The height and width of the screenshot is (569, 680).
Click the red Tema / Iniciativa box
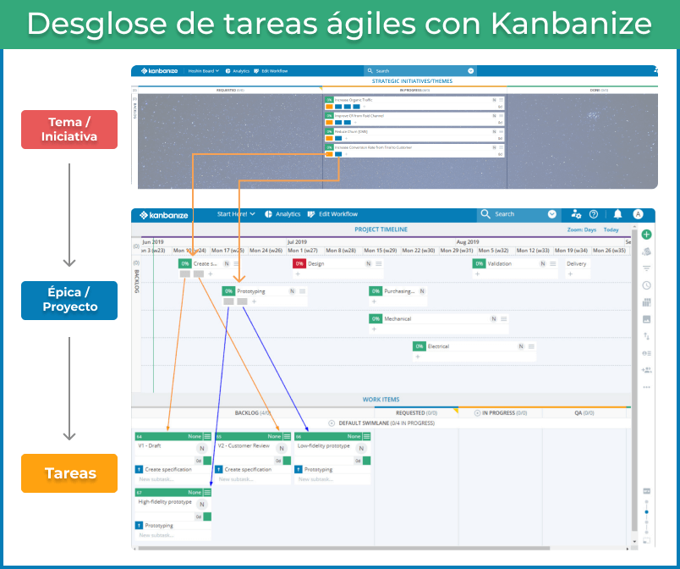[69, 129]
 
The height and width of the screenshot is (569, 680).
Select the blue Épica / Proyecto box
[69, 300]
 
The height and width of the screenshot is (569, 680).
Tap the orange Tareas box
[69, 473]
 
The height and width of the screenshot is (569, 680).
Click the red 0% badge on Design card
[299, 263]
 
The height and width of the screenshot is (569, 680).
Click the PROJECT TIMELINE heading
[381, 229]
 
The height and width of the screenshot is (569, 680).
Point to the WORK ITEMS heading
[381, 400]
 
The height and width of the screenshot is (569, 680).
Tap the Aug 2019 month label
[467, 241]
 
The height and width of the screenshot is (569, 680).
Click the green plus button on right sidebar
[647, 235]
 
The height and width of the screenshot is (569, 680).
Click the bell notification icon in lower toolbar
[617, 214]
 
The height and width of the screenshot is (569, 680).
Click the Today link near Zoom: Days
[611, 229]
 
